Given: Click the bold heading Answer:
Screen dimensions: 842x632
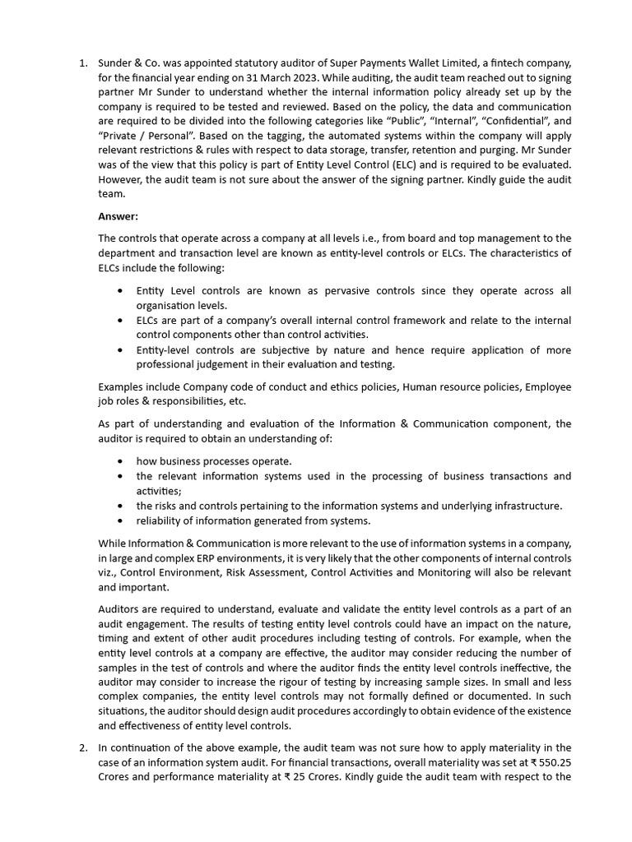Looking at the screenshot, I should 118,217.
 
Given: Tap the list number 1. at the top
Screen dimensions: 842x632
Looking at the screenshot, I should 83,62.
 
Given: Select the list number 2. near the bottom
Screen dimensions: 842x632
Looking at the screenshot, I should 83,747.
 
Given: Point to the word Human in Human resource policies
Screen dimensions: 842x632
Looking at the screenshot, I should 421,386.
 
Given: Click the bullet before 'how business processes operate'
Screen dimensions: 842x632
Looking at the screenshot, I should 121,461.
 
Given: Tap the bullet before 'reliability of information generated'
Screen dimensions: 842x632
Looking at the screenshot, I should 121,520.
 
